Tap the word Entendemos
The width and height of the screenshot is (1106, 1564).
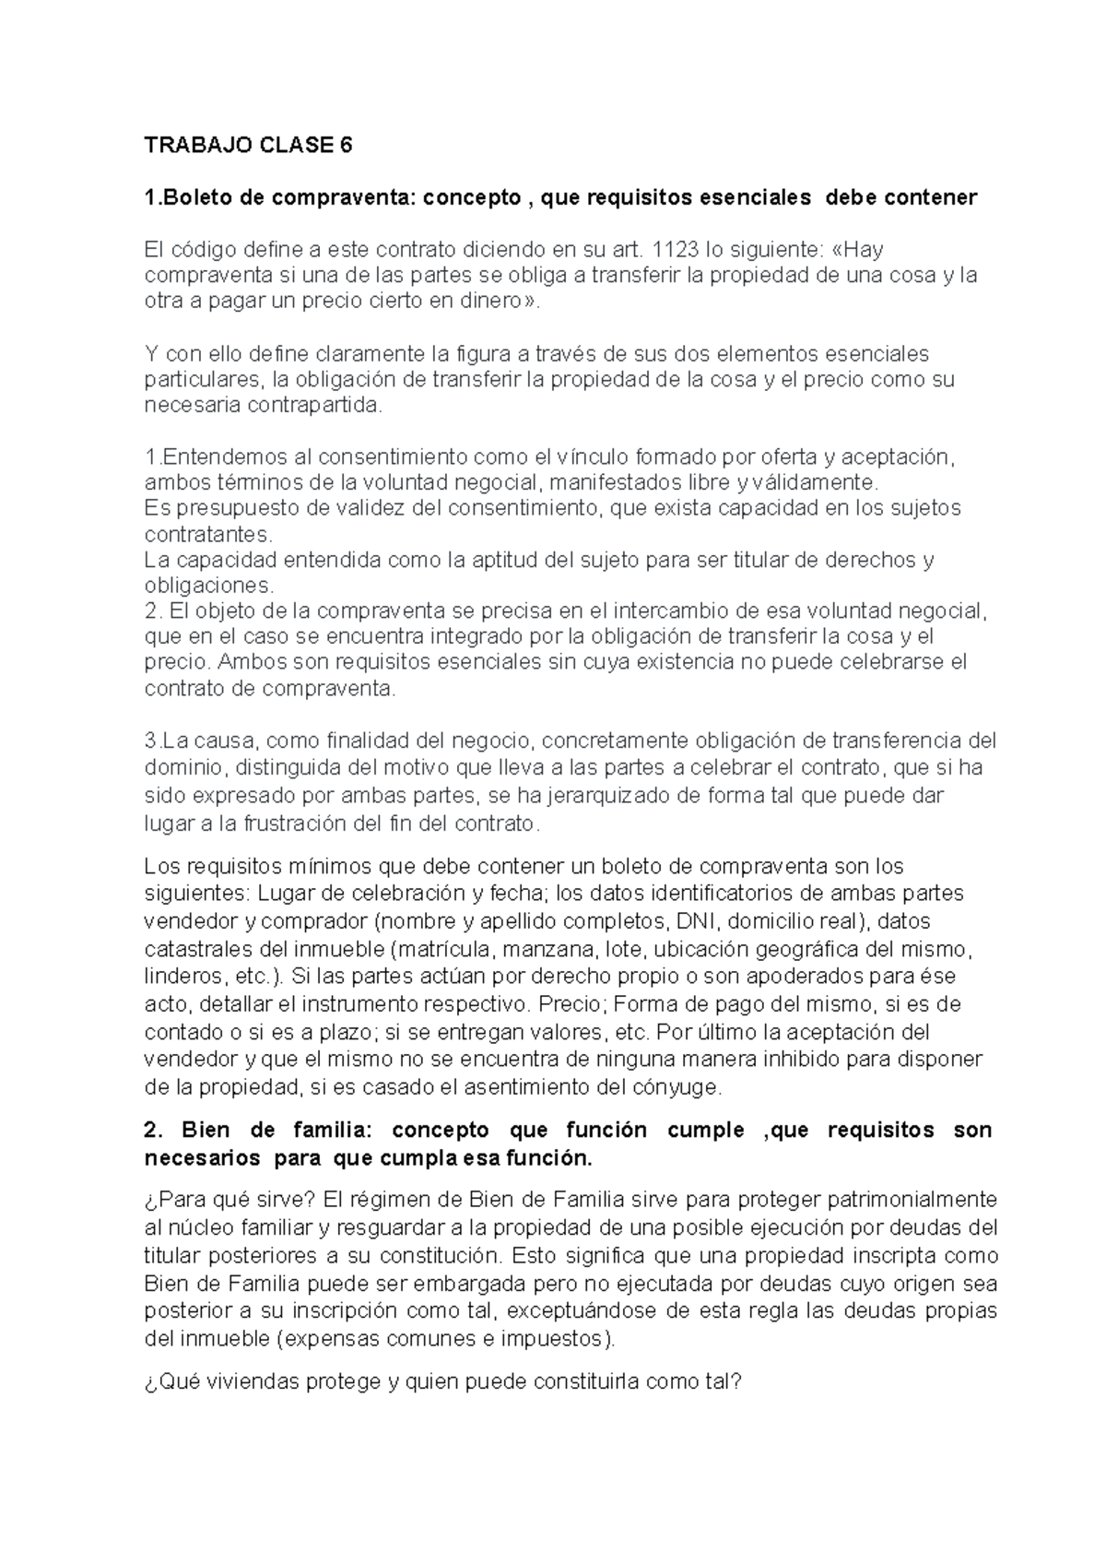214,456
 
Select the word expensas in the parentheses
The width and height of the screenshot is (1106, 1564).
329,1338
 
